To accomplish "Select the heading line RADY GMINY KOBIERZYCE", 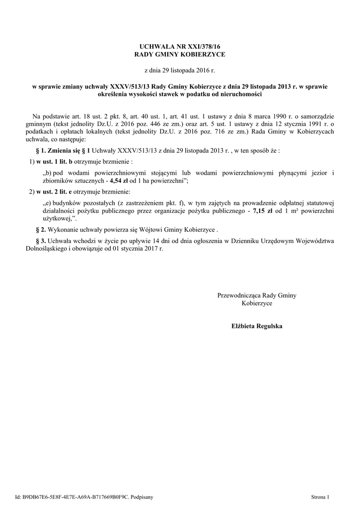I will (180, 54).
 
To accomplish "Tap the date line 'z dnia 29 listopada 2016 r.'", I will (180, 70).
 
